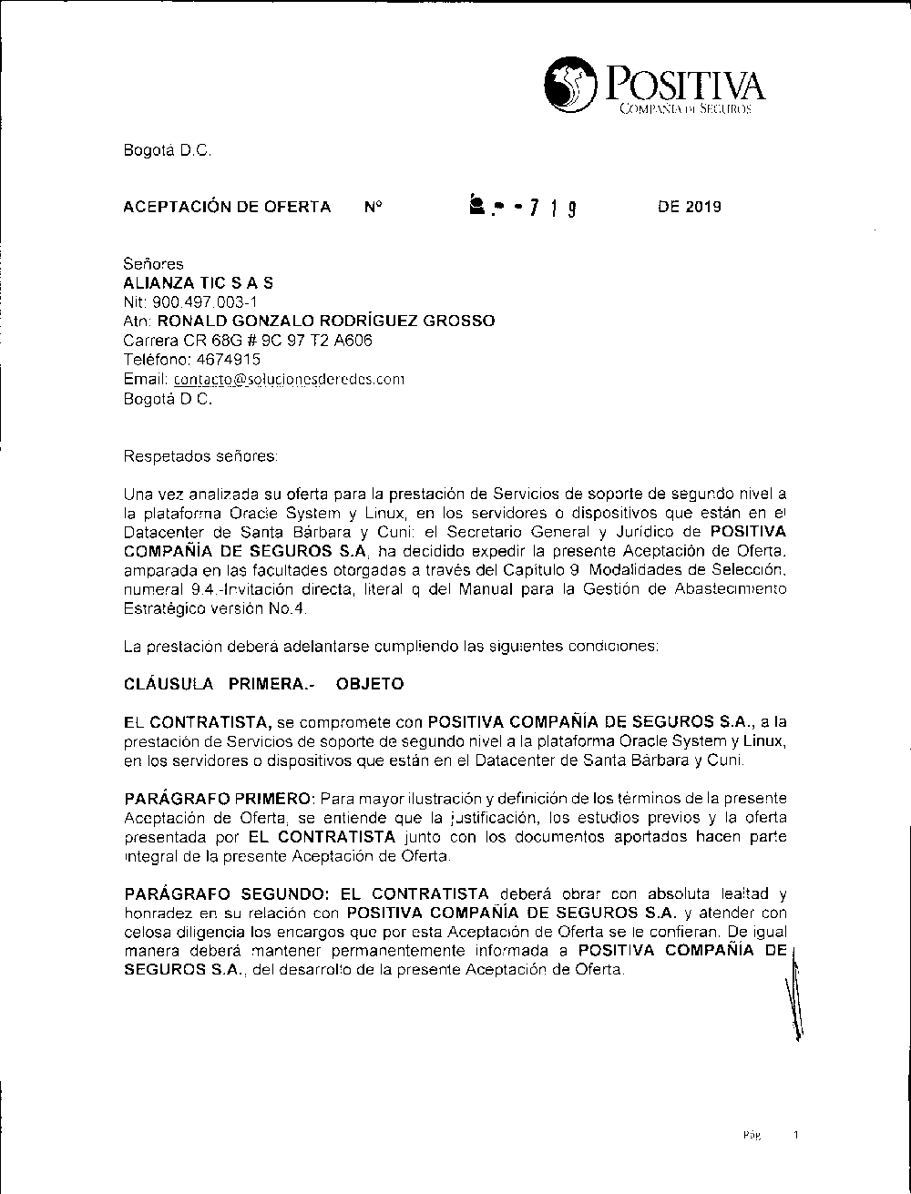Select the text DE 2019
tap(689, 207)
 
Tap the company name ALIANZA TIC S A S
tap(198, 283)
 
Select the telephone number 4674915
tap(229, 359)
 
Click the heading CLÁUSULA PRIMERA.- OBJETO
tap(263, 683)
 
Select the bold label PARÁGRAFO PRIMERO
tap(219, 799)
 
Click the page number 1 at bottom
tap(795, 1136)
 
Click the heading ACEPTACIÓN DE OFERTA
tap(227, 207)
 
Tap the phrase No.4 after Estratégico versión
tap(291, 607)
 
